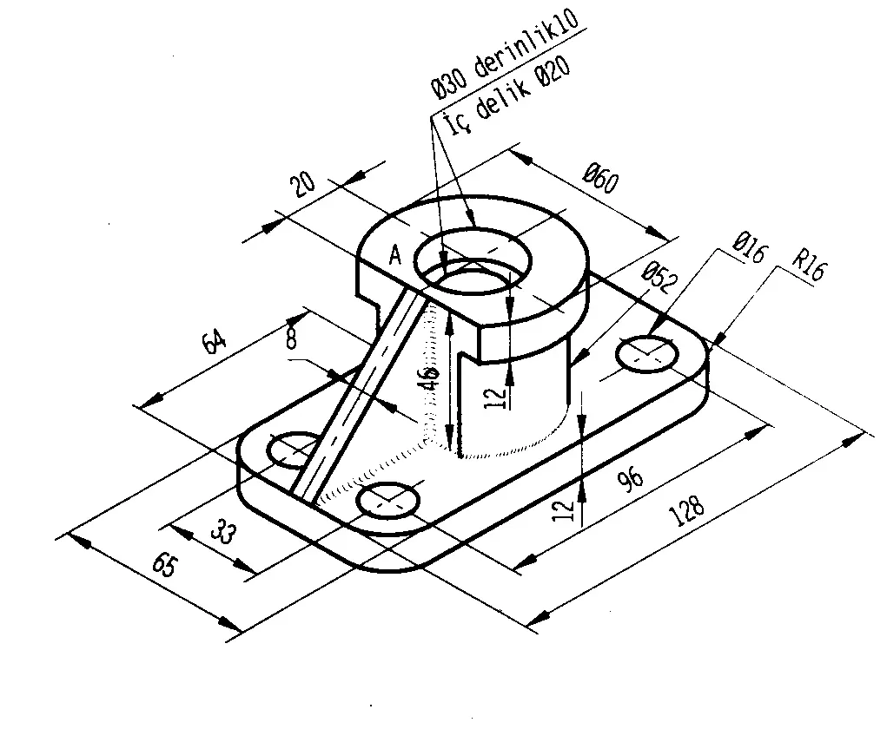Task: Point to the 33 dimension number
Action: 223,531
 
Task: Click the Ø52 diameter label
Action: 658,278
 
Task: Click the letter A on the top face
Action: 395,255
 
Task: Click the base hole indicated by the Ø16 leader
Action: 646,353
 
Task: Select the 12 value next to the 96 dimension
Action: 566,508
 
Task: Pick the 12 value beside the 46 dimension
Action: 495,396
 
